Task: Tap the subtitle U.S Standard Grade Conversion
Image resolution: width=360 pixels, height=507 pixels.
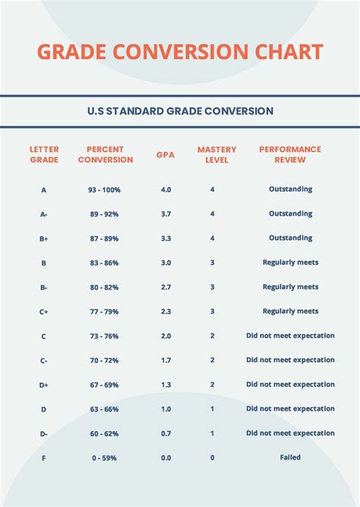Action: pos(180,111)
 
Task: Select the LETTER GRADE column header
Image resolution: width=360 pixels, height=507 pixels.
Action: pos(44,155)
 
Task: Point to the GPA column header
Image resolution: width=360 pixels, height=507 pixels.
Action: pos(166,155)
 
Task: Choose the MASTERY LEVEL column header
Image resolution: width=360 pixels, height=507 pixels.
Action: pos(216,155)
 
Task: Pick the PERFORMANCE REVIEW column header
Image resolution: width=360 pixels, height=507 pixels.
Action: pos(290,155)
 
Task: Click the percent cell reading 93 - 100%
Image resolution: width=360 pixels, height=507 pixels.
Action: pos(104,190)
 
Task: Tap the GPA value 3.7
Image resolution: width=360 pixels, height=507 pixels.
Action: pos(166,214)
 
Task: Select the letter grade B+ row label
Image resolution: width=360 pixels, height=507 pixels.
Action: pos(44,238)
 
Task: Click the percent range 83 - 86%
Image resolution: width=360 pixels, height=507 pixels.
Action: pos(104,263)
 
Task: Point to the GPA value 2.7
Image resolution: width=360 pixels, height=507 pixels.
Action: pos(166,287)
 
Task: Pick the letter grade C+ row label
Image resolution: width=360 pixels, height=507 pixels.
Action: pos(44,311)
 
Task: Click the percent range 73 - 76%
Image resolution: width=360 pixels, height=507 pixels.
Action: pos(104,335)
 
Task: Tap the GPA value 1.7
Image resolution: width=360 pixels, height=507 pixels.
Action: pos(166,360)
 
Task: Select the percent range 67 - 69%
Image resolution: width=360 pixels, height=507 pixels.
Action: pos(104,385)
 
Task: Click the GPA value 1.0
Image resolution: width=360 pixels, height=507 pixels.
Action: pos(166,409)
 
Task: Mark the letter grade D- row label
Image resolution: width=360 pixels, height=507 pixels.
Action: pos(44,433)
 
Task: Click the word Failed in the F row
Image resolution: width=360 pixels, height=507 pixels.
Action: pos(290,458)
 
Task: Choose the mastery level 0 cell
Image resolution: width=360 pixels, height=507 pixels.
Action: pos(212,458)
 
